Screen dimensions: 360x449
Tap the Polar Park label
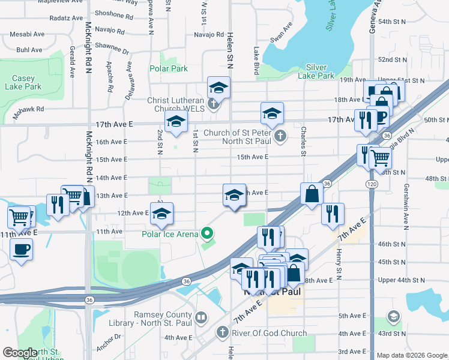coord(169,69)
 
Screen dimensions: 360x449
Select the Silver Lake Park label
coord(319,71)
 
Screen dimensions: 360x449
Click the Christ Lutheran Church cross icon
coord(212,106)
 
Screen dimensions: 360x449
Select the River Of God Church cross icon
coord(222,332)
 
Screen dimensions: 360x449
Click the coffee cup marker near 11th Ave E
coord(22,249)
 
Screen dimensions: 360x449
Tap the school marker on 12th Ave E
coord(161,214)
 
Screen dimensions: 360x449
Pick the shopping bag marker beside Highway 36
coord(312,194)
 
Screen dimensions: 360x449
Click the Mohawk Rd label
coord(31,109)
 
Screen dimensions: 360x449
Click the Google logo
coord(20,353)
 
